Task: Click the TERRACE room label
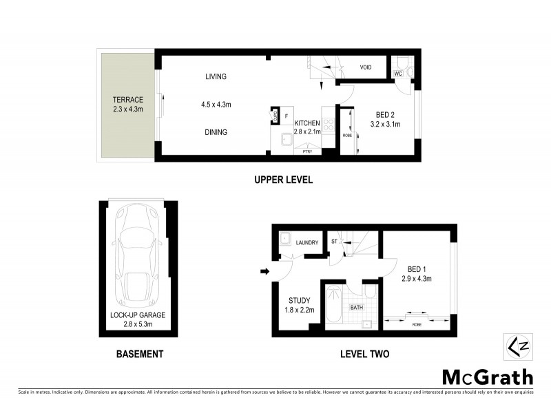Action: point(128,100)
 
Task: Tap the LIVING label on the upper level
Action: point(216,76)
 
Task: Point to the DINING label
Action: point(216,132)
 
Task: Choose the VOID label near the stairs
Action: point(366,67)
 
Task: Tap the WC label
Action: point(397,73)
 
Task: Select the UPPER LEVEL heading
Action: point(283,180)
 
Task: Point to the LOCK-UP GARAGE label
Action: point(138,315)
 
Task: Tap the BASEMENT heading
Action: point(139,354)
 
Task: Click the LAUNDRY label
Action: point(306,242)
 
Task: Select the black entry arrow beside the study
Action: point(264,271)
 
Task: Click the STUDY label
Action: point(300,300)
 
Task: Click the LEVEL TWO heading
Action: point(364,354)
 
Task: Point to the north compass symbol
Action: point(517,344)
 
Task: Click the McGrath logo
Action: point(487,377)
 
